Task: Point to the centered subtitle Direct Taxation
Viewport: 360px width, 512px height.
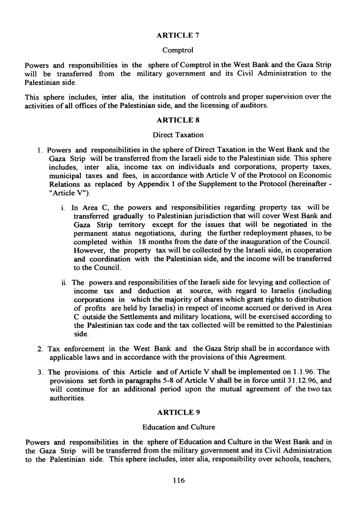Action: click(x=178, y=135)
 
